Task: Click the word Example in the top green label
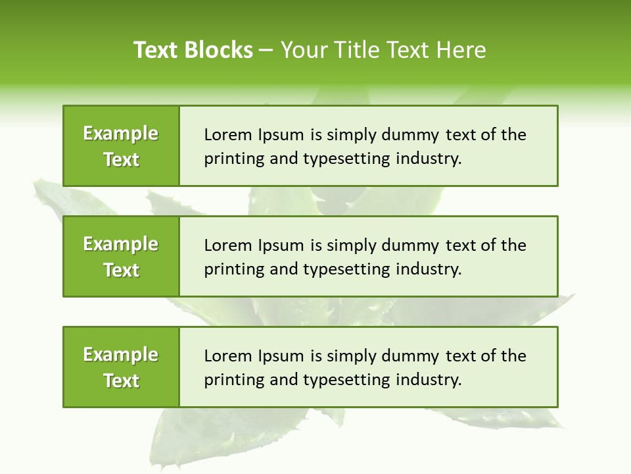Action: tap(121, 134)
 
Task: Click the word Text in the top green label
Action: tap(122, 159)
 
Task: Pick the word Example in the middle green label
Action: tap(121, 244)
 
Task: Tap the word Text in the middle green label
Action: tap(122, 270)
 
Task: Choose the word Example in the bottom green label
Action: tap(121, 355)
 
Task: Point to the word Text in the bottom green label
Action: tap(122, 381)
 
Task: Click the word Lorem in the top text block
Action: tap(223, 135)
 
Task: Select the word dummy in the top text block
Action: tap(413, 135)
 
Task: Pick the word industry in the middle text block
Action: tap(429, 269)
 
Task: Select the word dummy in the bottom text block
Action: tap(413, 356)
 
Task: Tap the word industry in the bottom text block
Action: tap(429, 380)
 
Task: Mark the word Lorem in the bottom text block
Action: tap(223, 356)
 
